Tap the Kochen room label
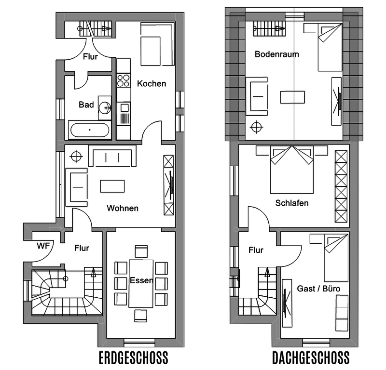pyautogui.click(x=152, y=84)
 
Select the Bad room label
pyautogui.click(x=86, y=105)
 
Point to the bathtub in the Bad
pyautogui.click(x=90, y=130)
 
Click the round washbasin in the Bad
pyautogui.click(x=105, y=108)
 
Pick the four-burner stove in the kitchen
pyautogui.click(x=124, y=80)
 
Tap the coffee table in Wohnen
pyautogui.click(x=112, y=186)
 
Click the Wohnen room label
pyautogui.click(x=123, y=208)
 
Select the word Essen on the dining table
pyautogui.click(x=141, y=280)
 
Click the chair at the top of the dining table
pyautogui.click(x=141, y=251)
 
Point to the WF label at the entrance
pyautogui.click(x=43, y=246)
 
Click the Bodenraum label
pyautogui.click(x=276, y=54)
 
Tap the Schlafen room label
pyautogui.click(x=292, y=203)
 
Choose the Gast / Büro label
pyautogui.click(x=318, y=289)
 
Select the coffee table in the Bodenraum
pyautogui.click(x=292, y=97)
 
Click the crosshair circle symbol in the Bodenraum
pyautogui.click(x=256, y=127)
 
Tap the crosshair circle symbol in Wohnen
pyautogui.click(x=76, y=157)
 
